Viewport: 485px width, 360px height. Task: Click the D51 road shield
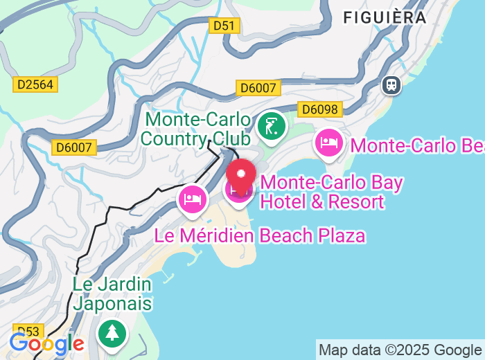coord(224,26)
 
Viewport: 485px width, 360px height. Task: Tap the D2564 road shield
coord(35,84)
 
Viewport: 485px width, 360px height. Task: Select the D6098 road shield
coord(320,109)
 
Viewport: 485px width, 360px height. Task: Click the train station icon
coord(391,85)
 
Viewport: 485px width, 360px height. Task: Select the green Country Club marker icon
coord(272,127)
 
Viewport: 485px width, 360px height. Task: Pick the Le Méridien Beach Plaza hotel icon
coord(193,199)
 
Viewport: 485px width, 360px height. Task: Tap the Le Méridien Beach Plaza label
coord(259,235)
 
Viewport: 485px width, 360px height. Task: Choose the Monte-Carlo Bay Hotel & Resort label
coord(332,192)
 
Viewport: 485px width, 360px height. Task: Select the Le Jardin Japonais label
coord(112,294)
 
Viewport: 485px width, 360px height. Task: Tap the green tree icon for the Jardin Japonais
coord(112,333)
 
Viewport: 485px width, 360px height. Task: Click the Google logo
coord(47,343)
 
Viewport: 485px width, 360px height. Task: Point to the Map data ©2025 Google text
coord(400,350)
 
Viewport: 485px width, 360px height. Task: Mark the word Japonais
coord(112,303)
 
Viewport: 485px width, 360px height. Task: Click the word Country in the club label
coord(175,138)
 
